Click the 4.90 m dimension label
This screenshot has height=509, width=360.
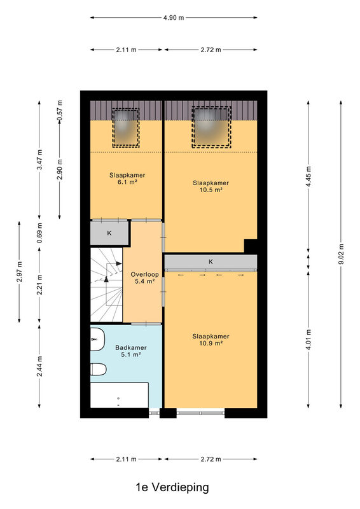[x=174, y=18]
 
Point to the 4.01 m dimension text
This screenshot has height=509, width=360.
[x=308, y=340]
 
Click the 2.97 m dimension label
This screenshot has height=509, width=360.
[x=19, y=272]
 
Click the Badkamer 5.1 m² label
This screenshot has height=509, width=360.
[x=131, y=351]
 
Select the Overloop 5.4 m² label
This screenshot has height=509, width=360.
[x=145, y=278]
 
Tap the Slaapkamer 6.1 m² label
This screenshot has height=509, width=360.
[x=127, y=179]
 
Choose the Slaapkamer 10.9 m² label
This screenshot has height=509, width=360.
[x=211, y=340]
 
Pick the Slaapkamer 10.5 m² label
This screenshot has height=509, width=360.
[x=211, y=186]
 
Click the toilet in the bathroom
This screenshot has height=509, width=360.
[x=98, y=369]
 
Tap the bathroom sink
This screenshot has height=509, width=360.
[x=97, y=339]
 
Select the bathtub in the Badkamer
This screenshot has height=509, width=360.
[x=120, y=395]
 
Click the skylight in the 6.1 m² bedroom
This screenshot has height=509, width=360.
[x=126, y=128]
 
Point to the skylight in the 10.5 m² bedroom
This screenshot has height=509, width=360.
[x=211, y=127]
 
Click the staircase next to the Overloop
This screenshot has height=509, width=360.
[x=106, y=285]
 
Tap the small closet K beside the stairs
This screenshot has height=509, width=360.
[x=109, y=233]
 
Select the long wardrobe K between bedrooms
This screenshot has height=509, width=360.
[x=211, y=261]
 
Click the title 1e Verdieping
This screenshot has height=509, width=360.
[x=172, y=487]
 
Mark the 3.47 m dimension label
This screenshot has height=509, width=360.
[x=39, y=160]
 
